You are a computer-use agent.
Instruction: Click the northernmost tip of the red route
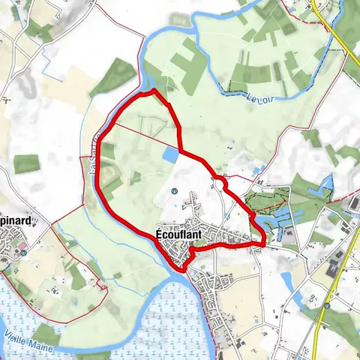click(154, 91)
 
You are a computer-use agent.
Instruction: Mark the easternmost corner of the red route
click(264, 241)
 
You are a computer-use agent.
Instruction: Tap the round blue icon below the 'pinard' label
click(23, 253)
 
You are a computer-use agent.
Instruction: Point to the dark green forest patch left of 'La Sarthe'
click(27, 163)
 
